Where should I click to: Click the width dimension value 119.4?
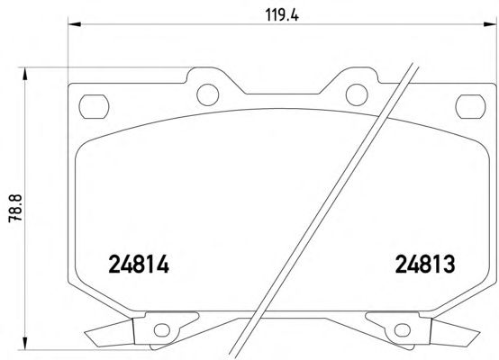pyautogui.click(x=282, y=15)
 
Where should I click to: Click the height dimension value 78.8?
pyautogui.click(x=15, y=208)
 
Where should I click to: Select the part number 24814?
pyautogui.click(x=139, y=265)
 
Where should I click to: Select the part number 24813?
pyautogui.click(x=425, y=265)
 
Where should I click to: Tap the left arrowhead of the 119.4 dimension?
pyautogui.click(x=75, y=24)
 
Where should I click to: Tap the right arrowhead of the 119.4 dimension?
pyautogui.click(x=490, y=24)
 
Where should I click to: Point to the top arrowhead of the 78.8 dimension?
pyautogui.click(x=24, y=74)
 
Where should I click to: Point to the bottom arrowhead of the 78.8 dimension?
pyautogui.click(x=24, y=344)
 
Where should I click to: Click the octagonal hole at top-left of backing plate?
pyautogui.click(x=94, y=106)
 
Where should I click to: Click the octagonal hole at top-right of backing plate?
pyautogui.click(x=471, y=106)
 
